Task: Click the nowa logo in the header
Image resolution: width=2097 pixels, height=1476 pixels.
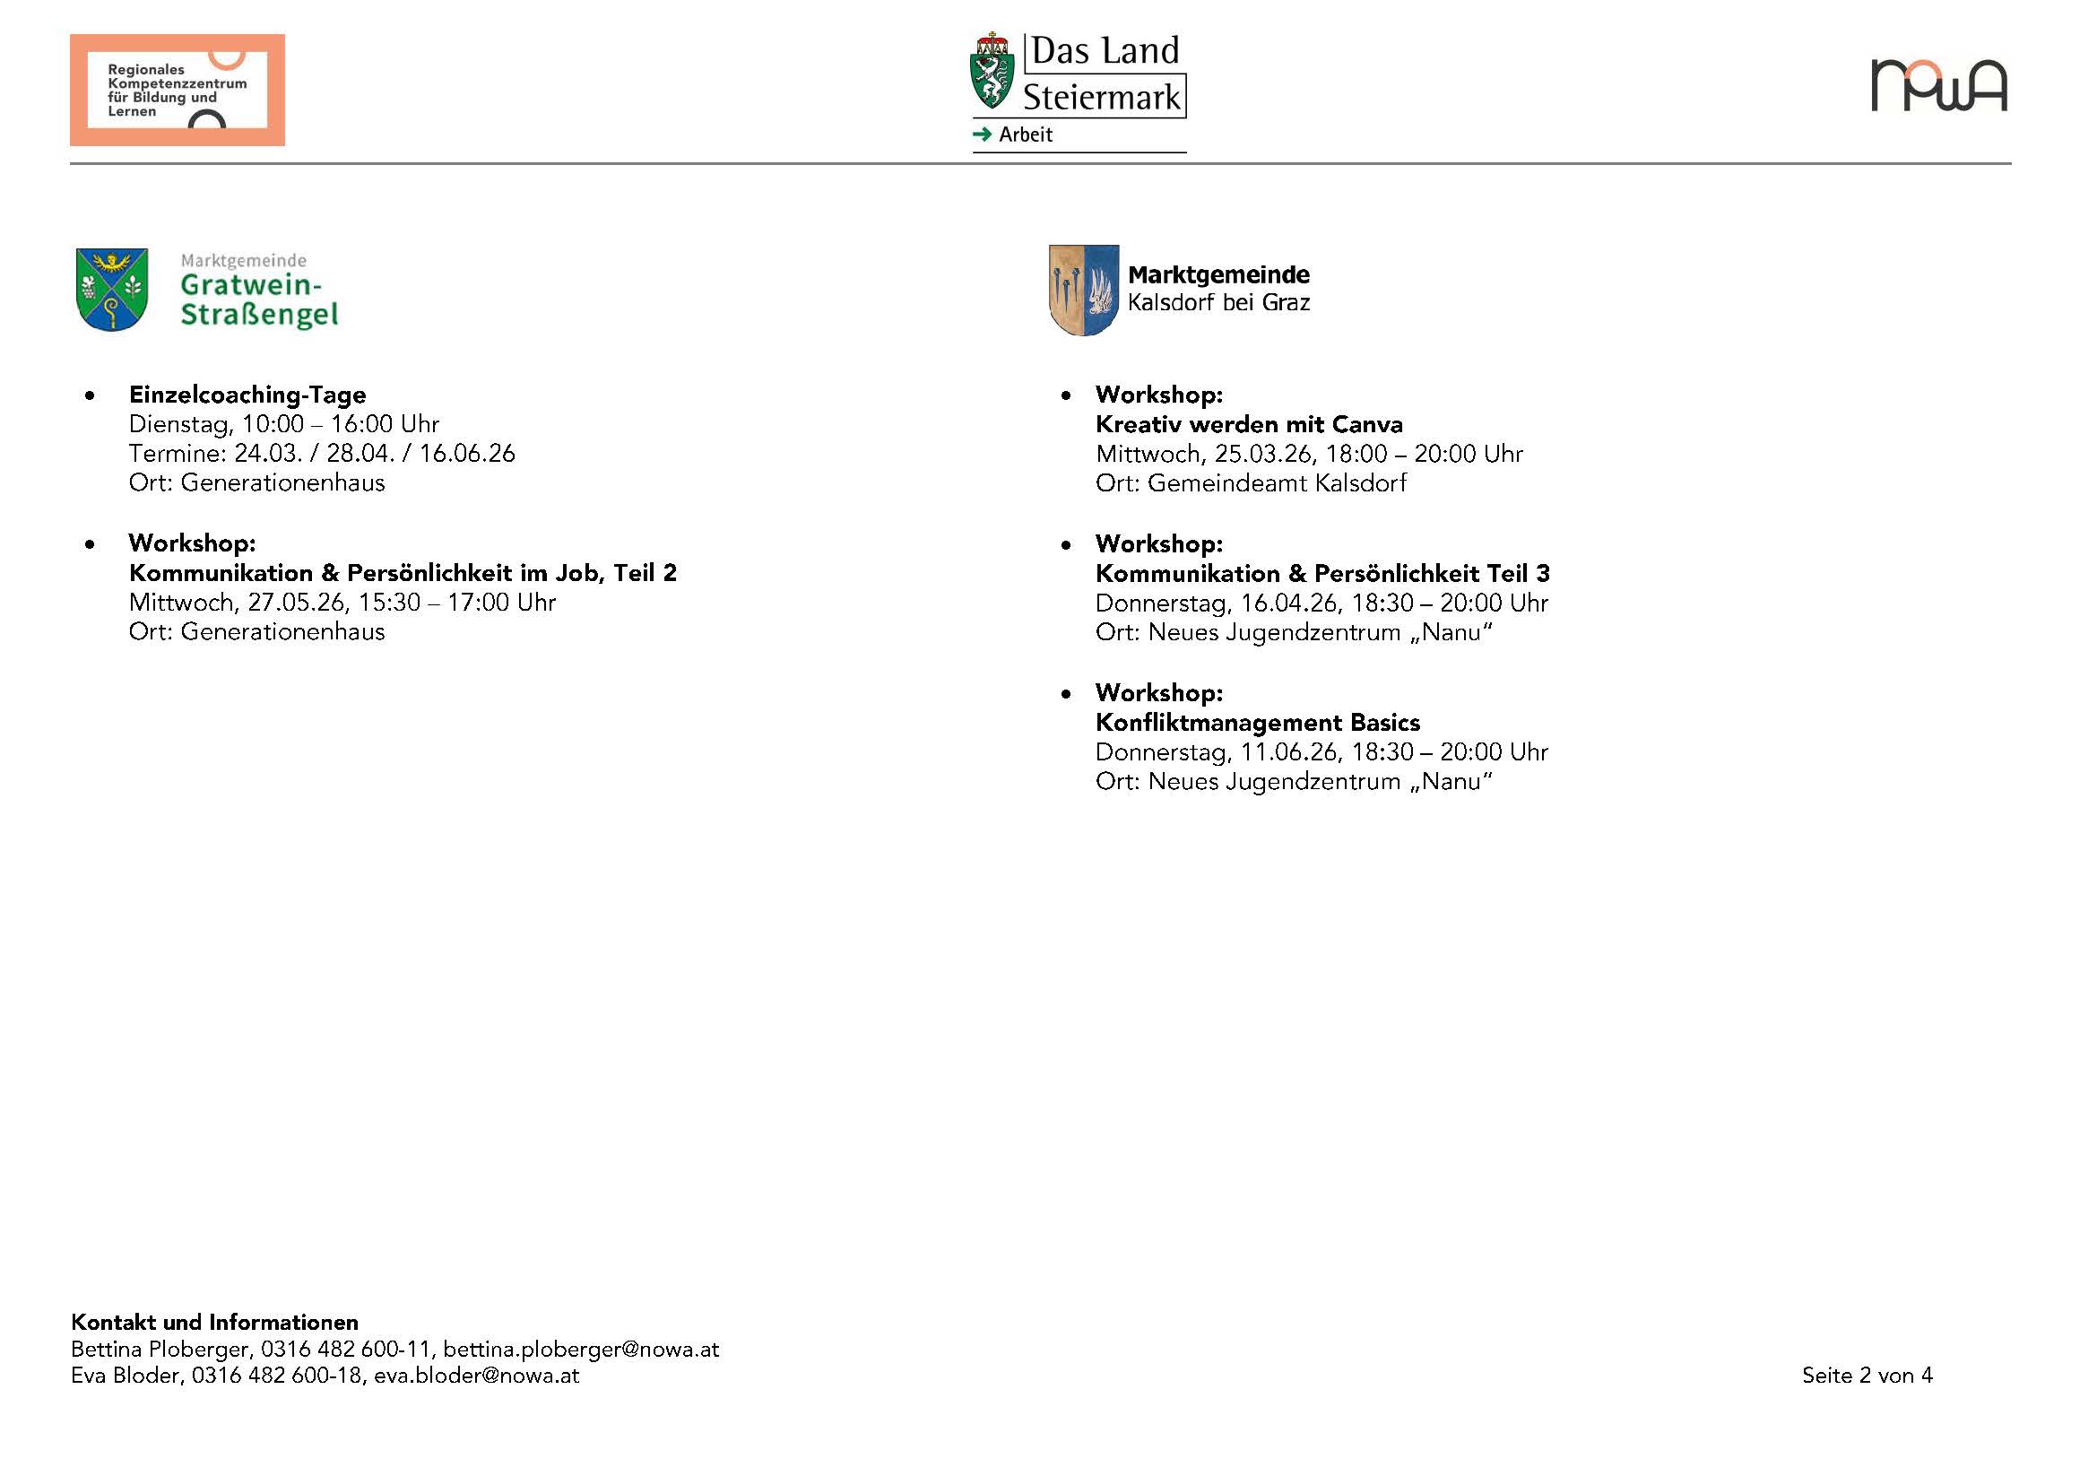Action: click(x=1938, y=86)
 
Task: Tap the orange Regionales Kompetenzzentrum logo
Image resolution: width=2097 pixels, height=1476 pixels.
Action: click(x=178, y=91)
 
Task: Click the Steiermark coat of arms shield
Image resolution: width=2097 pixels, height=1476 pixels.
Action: click(x=991, y=73)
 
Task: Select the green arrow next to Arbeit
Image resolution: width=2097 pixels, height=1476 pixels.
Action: click(x=982, y=135)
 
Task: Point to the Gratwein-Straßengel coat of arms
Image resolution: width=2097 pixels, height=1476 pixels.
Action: click(x=111, y=290)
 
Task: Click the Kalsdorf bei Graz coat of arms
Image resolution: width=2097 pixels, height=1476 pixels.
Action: click(x=1083, y=290)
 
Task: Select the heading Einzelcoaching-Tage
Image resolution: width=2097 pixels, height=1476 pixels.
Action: click(x=247, y=395)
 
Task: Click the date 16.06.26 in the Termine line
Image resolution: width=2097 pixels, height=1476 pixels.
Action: click(x=467, y=454)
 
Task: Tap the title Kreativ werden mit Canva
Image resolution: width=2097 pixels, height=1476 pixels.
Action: click(x=1249, y=425)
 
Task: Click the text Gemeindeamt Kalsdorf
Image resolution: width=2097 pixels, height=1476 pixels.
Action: click(x=1276, y=483)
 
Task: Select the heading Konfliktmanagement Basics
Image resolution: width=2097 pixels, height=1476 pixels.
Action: click(x=1257, y=723)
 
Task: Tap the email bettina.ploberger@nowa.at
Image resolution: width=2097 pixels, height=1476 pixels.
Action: click(x=581, y=1349)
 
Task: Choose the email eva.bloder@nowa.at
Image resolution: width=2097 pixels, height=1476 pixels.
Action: click(x=476, y=1376)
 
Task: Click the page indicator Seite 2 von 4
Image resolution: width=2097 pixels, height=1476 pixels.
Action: click(x=1867, y=1376)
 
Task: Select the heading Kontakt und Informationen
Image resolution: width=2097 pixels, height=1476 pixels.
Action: click(x=214, y=1323)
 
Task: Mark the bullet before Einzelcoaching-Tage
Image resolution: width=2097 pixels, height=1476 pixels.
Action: click(x=90, y=395)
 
